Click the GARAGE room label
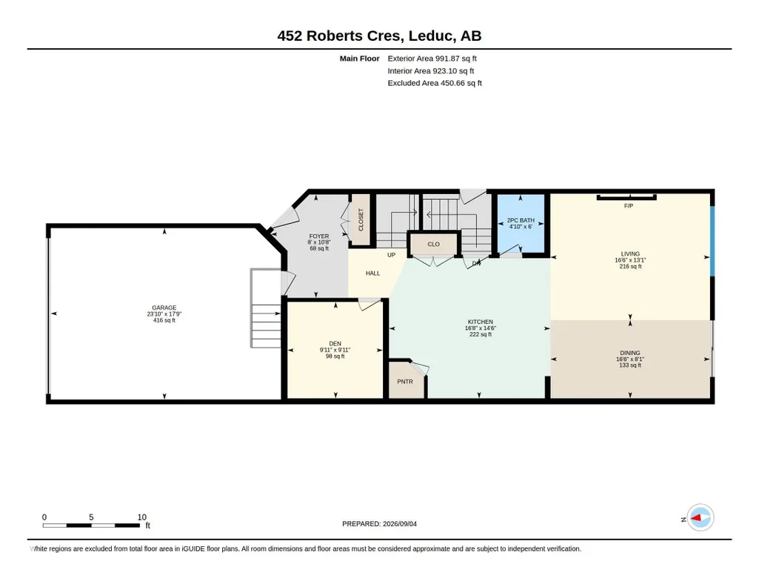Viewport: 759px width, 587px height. tap(164, 308)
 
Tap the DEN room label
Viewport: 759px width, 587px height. tap(335, 344)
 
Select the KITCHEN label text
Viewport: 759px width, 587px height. tap(480, 322)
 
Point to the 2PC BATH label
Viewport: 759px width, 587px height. tap(521, 220)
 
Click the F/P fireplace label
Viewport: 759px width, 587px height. tap(629, 206)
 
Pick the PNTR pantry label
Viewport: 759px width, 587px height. tap(405, 382)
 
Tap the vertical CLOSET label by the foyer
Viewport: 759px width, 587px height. tap(361, 219)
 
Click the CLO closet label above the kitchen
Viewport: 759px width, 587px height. tap(434, 244)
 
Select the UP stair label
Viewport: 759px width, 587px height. tap(391, 255)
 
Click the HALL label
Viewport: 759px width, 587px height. tap(372, 273)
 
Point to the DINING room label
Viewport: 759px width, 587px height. tap(629, 353)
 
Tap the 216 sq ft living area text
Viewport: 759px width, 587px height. tap(630, 266)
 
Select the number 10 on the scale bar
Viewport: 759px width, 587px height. tap(142, 517)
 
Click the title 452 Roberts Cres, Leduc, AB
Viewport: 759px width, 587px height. tap(379, 36)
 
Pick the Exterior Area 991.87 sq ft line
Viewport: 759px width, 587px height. tap(432, 59)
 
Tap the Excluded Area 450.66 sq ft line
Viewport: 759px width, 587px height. tap(435, 83)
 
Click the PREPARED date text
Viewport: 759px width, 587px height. tap(379, 523)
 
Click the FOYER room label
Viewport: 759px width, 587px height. tap(319, 236)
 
